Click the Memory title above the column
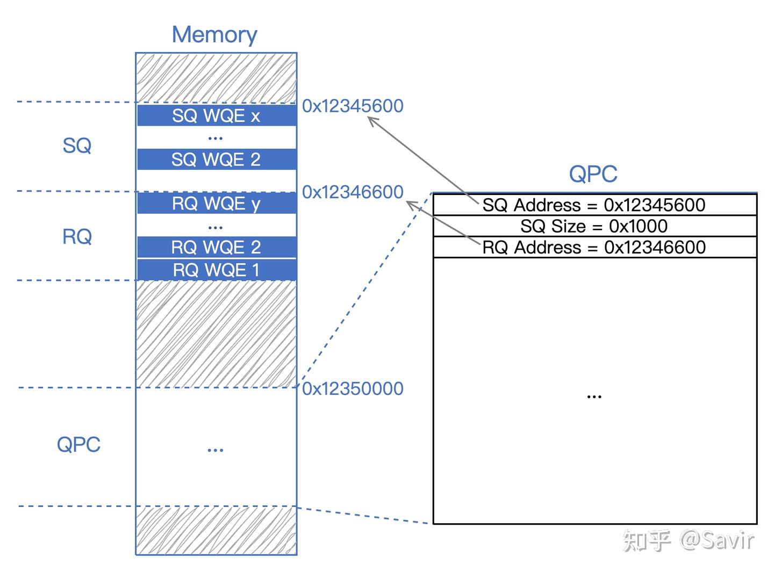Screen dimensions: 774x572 pyautogui.click(x=214, y=35)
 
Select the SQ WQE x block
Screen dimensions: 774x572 pyautogui.click(x=217, y=115)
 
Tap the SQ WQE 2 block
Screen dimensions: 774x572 pyautogui.click(x=217, y=159)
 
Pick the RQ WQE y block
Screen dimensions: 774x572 pyautogui.click(x=217, y=203)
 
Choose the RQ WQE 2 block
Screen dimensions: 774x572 pyautogui.click(x=217, y=247)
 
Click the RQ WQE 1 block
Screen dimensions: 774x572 pyautogui.click(x=217, y=270)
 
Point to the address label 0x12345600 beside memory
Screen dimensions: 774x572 pyautogui.click(x=353, y=106)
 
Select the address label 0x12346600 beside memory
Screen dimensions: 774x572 pyautogui.click(x=353, y=192)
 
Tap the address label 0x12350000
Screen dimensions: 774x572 pyautogui.click(x=353, y=388)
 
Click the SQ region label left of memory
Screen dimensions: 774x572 pyautogui.click(x=77, y=145)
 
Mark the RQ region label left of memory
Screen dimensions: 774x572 pyautogui.click(x=77, y=236)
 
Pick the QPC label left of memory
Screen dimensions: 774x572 pyautogui.click(x=78, y=444)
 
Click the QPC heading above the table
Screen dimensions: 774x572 pyautogui.click(x=593, y=173)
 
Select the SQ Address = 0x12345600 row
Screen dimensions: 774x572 pyautogui.click(x=594, y=205)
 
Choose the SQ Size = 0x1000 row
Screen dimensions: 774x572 pyautogui.click(x=594, y=226)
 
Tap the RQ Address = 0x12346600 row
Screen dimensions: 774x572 pyautogui.click(x=594, y=247)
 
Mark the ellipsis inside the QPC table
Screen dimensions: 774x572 pyautogui.click(x=594, y=397)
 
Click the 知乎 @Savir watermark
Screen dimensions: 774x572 pyautogui.click(x=688, y=540)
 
